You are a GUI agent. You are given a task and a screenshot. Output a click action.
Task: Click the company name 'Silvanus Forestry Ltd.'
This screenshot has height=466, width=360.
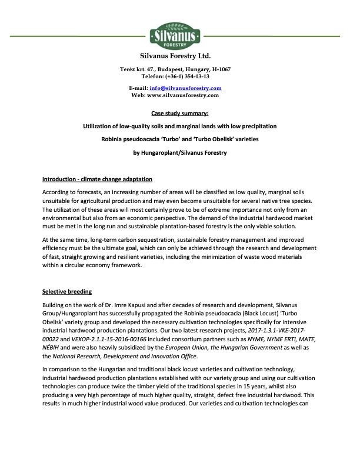click(179, 57)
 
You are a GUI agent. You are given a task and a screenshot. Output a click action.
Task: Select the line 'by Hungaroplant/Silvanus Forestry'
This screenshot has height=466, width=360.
click(179, 154)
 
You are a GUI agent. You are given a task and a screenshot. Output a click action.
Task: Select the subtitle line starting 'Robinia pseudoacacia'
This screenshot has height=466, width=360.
click(179, 140)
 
